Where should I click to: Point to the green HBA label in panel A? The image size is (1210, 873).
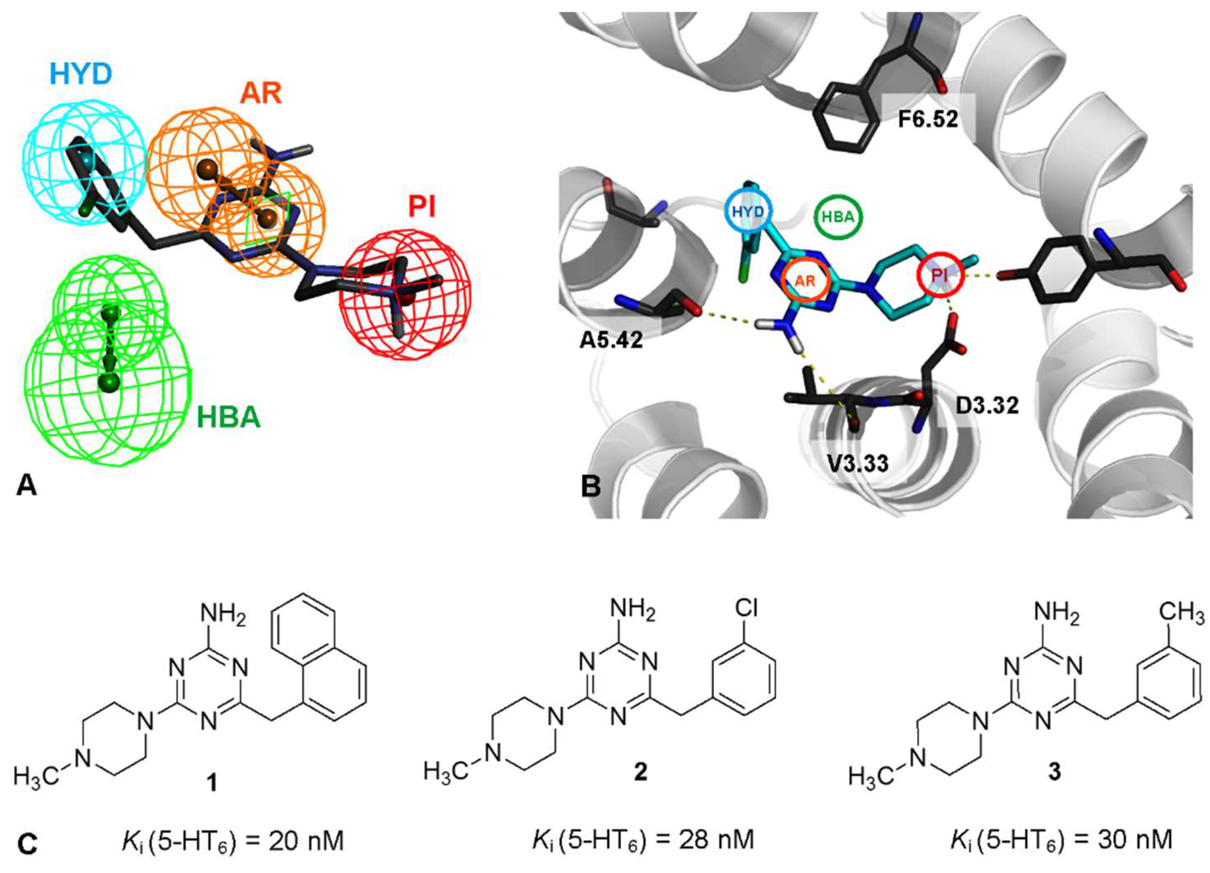(x=228, y=417)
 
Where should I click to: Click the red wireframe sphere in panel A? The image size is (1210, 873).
(x=407, y=293)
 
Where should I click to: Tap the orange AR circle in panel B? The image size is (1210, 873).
(x=805, y=281)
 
